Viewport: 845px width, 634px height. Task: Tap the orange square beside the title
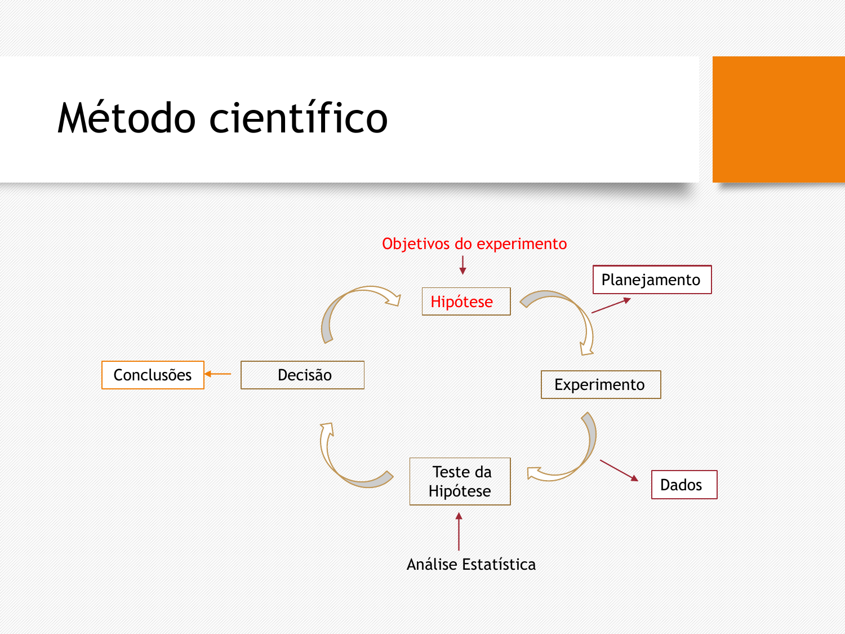click(x=779, y=119)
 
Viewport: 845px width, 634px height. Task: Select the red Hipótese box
click(x=466, y=302)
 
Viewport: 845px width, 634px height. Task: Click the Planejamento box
click(x=652, y=280)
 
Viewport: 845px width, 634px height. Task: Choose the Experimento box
click(x=601, y=384)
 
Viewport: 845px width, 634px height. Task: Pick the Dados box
click(x=684, y=485)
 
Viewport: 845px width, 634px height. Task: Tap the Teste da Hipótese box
click(x=460, y=481)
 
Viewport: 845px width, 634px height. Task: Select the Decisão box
click(x=303, y=375)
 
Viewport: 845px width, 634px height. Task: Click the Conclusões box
click(x=153, y=375)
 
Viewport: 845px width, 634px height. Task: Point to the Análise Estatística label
click(x=471, y=564)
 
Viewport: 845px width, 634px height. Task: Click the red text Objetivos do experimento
click(x=474, y=243)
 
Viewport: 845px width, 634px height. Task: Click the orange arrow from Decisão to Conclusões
click(x=217, y=374)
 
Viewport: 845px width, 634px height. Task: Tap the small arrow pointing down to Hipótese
click(x=462, y=265)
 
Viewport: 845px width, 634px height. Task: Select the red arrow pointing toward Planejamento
click(x=611, y=305)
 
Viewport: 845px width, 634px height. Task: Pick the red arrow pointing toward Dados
click(x=619, y=471)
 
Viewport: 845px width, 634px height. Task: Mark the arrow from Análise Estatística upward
click(x=459, y=531)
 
